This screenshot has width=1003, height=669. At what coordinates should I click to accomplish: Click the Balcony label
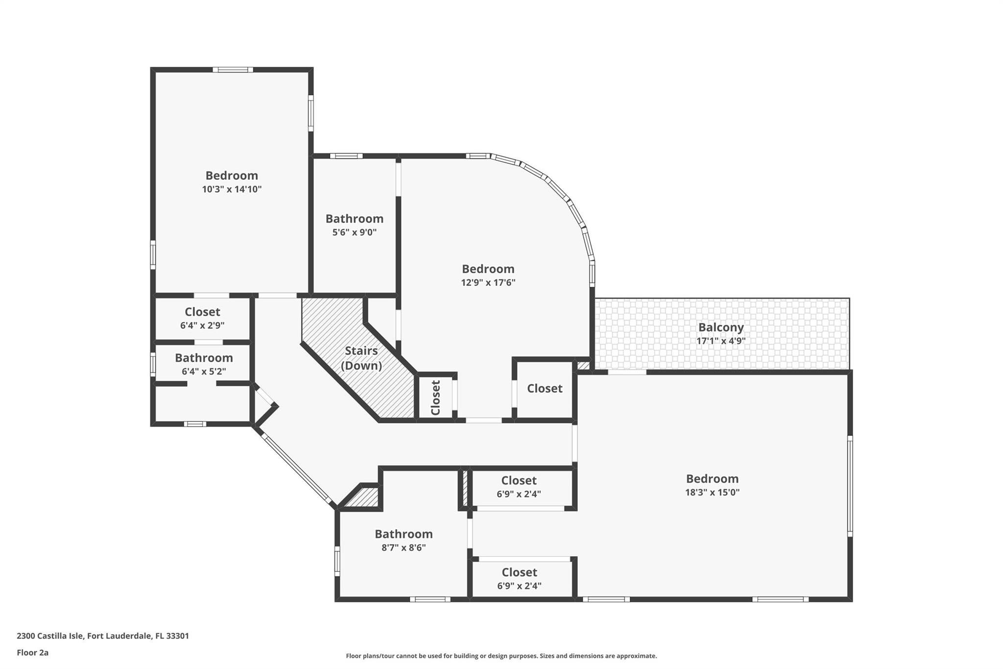(720, 327)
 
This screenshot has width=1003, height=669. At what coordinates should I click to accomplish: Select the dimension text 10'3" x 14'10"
(232, 189)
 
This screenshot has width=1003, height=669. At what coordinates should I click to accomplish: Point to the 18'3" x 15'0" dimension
(712, 492)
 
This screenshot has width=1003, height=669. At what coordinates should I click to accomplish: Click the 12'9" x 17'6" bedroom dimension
(488, 282)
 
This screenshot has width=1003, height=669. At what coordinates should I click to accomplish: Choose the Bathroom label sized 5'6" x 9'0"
(354, 219)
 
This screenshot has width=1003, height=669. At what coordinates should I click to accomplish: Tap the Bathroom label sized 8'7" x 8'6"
(404, 534)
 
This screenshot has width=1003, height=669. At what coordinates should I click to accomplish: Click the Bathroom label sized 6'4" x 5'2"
(204, 358)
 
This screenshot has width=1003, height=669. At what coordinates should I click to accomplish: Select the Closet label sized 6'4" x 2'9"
(202, 312)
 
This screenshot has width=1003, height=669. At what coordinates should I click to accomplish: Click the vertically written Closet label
(435, 397)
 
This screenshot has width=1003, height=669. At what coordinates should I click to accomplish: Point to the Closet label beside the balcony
(545, 388)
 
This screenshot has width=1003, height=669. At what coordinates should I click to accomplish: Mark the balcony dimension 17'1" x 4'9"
(720, 341)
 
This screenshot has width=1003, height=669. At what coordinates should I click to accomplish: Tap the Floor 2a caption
(32, 652)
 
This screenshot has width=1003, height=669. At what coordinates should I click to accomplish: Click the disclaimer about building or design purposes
(501, 656)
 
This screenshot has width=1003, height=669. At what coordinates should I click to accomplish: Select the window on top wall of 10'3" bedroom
(233, 70)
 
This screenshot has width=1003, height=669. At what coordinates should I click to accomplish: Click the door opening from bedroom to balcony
(627, 372)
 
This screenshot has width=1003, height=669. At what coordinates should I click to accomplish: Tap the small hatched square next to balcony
(583, 365)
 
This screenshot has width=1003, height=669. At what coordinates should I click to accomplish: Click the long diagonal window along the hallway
(297, 468)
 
